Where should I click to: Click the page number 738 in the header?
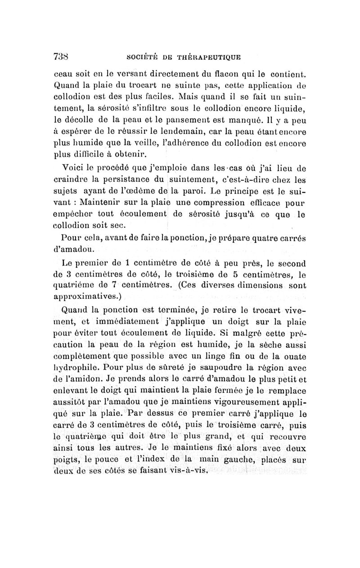click(x=61, y=57)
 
